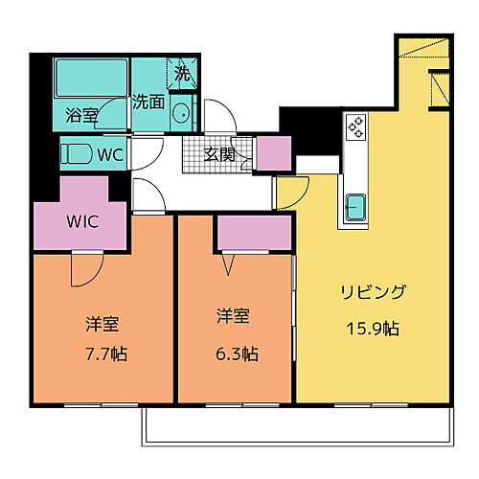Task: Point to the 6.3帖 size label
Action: (236, 354)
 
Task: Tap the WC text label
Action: (111, 154)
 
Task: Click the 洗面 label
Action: (148, 101)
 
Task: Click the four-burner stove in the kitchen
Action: (355, 127)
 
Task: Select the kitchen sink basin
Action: (355, 206)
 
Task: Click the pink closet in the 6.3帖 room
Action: (254, 233)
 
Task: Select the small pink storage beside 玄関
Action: (273, 153)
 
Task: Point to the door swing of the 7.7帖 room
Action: (82, 267)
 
